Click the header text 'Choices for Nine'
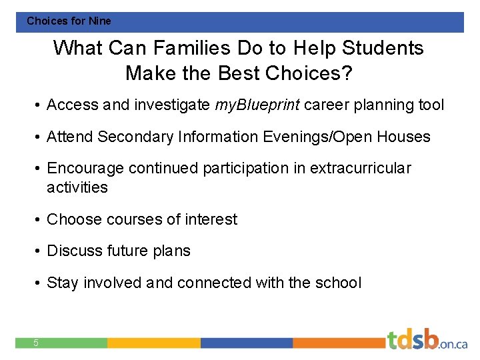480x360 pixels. [69, 21]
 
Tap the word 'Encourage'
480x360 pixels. [85, 168]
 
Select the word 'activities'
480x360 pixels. [77, 187]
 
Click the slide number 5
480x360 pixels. [36, 343]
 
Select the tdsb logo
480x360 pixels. [427, 340]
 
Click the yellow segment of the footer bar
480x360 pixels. [153, 343]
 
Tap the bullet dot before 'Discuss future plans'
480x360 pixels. [39, 251]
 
